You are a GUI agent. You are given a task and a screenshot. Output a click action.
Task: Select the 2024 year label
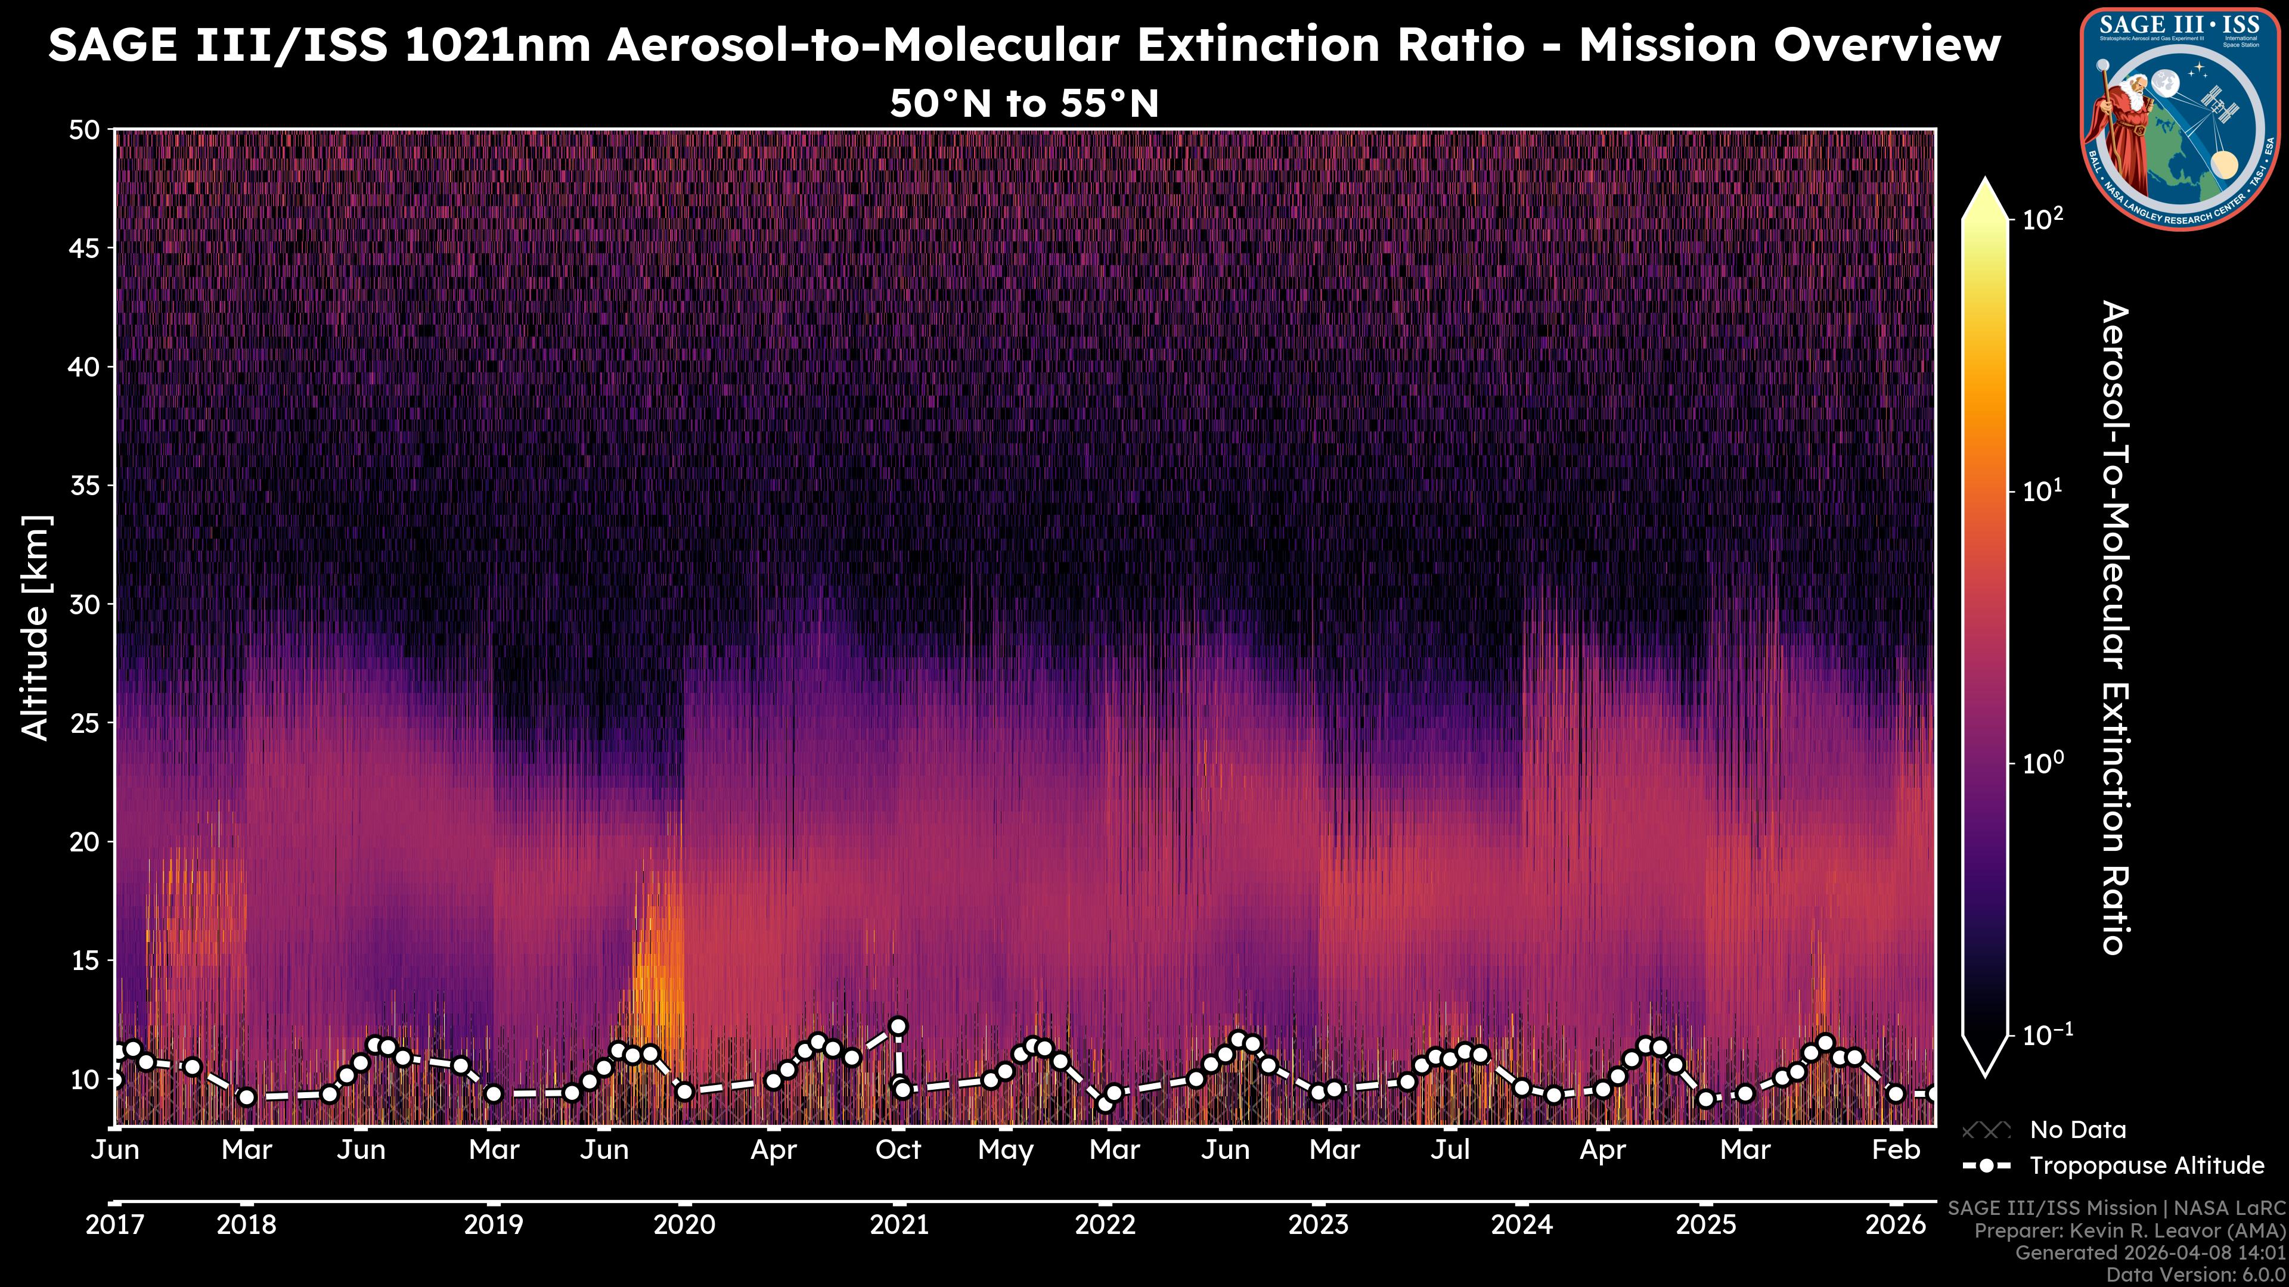click(x=1521, y=1225)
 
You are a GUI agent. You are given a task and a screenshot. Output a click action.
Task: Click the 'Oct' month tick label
click(x=898, y=1150)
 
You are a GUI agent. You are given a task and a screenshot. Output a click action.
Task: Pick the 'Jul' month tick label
click(x=1450, y=1150)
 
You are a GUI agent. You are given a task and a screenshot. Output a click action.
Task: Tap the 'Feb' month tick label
click(x=1896, y=1150)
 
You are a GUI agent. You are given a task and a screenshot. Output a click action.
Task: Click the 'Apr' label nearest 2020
click(x=773, y=1150)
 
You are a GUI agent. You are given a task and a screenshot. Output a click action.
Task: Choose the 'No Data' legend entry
click(x=2077, y=1130)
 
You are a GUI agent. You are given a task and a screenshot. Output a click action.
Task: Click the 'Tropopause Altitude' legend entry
click(x=2147, y=1165)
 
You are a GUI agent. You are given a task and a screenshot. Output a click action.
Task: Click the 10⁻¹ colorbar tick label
click(x=2046, y=1035)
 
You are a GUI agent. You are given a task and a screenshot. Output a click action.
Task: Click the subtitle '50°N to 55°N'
click(x=1025, y=104)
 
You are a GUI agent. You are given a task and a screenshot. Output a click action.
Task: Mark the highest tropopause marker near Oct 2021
click(x=898, y=1026)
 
